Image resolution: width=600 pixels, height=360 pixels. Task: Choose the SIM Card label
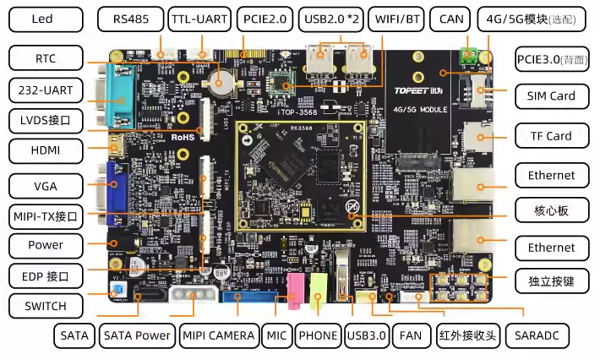pyautogui.click(x=550, y=96)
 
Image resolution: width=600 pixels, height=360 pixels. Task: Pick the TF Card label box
pyautogui.click(x=550, y=136)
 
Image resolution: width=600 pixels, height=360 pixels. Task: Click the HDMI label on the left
pyautogui.click(x=46, y=151)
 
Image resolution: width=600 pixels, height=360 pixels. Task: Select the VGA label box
pyautogui.click(x=46, y=185)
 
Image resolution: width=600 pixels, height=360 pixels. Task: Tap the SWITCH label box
pyautogui.click(x=46, y=305)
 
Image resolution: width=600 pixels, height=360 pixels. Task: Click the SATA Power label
pyautogui.click(x=135, y=335)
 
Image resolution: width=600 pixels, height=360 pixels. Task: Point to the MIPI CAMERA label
pyautogui.click(x=218, y=335)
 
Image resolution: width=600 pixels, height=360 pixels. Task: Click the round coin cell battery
pyautogui.click(x=221, y=82)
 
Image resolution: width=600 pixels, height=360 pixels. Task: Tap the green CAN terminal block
pyautogui.click(x=466, y=57)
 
